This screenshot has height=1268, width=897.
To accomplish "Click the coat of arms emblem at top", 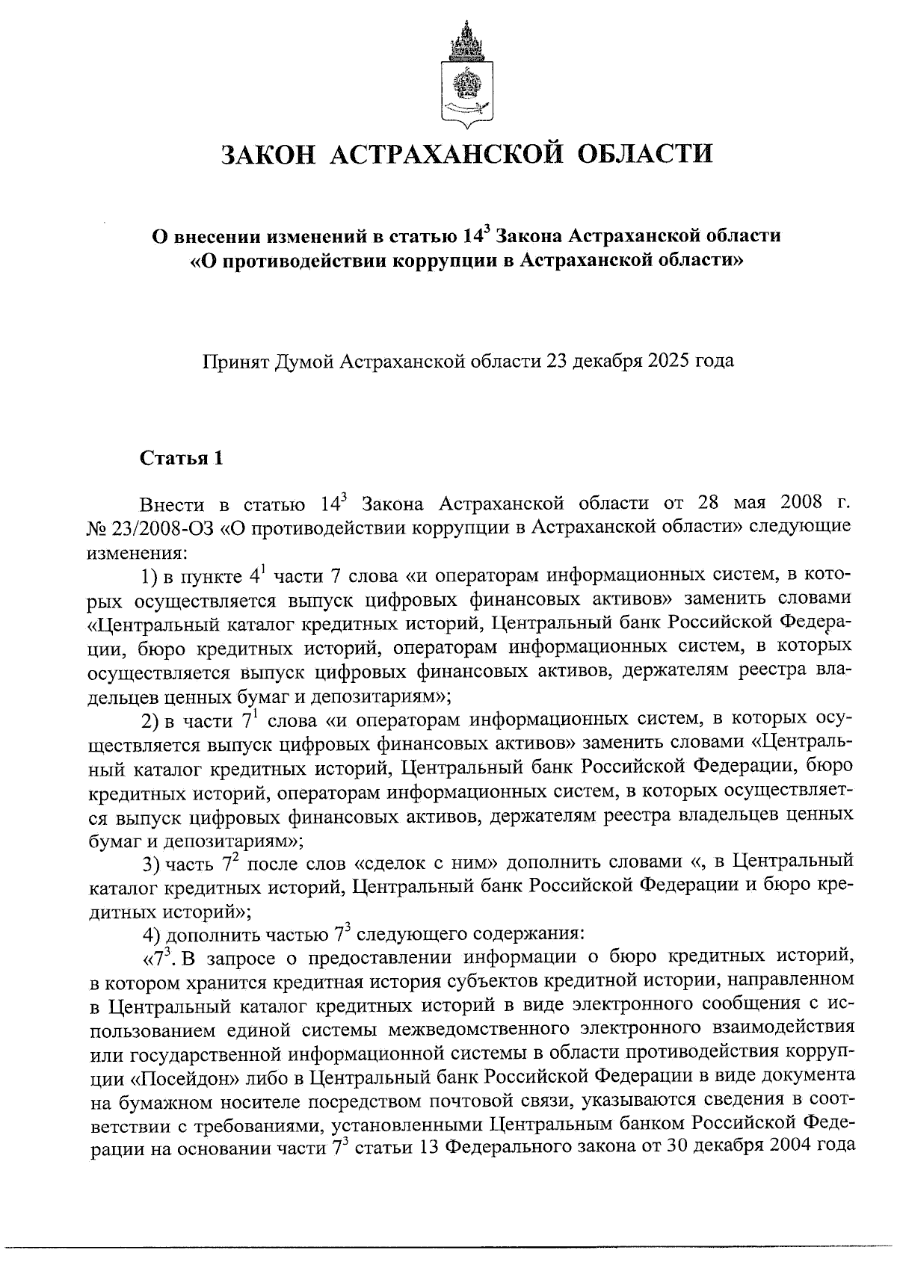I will tap(467, 74).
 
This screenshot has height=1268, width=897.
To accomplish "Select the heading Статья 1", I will tap(181, 458).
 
